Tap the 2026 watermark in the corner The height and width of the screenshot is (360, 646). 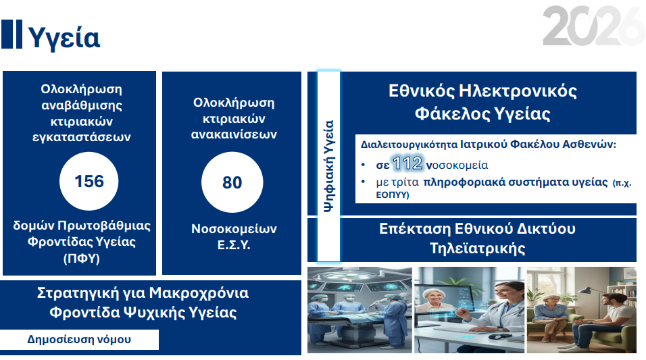tap(593, 27)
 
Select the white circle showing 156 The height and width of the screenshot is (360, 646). tap(89, 182)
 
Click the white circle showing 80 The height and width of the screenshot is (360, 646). tap(232, 182)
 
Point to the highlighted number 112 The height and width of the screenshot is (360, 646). tap(407, 163)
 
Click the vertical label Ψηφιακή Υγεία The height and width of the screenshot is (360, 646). tap(328, 166)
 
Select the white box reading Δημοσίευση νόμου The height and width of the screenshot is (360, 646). tap(79, 340)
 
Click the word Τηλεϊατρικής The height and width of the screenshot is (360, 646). tap(477, 247)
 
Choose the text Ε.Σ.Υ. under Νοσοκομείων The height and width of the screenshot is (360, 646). tap(232, 245)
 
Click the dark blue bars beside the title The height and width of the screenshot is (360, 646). tap(11, 34)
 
